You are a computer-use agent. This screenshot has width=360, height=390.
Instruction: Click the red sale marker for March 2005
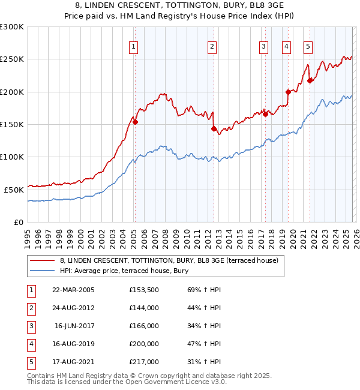coord(135,122)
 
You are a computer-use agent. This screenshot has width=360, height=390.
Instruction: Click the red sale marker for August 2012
coord(213,128)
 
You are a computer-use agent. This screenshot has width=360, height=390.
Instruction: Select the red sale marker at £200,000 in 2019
coord(288,92)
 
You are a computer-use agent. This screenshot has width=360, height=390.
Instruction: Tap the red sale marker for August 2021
coord(310,80)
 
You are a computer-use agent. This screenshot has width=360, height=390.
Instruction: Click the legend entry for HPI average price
coord(124,271)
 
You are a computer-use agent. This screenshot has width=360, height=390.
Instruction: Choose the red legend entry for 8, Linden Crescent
coord(169,260)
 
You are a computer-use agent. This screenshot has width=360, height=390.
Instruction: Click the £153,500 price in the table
coord(144,290)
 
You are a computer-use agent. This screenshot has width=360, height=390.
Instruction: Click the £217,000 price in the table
coord(144,362)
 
